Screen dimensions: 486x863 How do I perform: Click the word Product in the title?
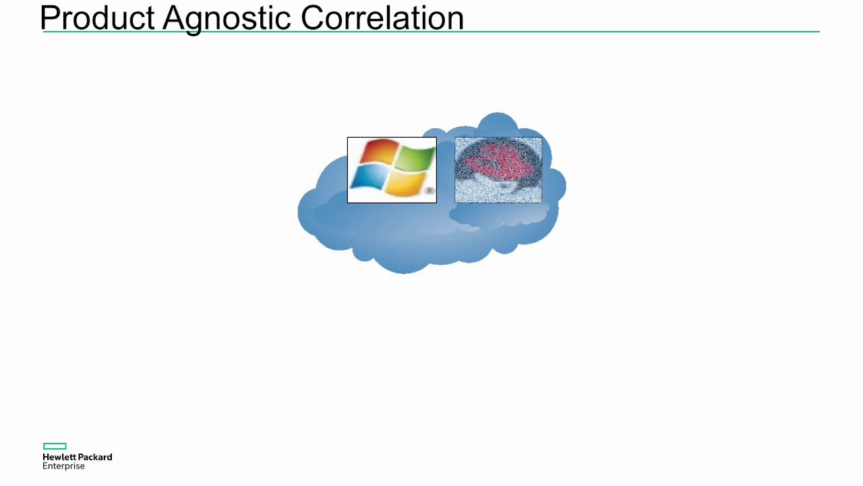[98, 18]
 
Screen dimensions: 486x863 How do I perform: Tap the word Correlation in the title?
[382, 18]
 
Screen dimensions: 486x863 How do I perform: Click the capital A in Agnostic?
[174, 18]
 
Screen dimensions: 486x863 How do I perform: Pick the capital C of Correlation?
[313, 18]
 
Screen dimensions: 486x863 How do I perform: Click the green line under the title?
[607, 32]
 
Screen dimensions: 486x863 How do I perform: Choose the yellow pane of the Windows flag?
[407, 183]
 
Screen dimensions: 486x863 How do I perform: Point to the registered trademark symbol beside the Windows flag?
[429, 192]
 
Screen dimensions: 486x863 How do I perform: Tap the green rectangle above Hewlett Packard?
[55, 446]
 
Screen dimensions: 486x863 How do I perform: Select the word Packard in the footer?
[94, 457]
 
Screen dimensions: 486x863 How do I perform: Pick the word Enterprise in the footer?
[63, 466]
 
